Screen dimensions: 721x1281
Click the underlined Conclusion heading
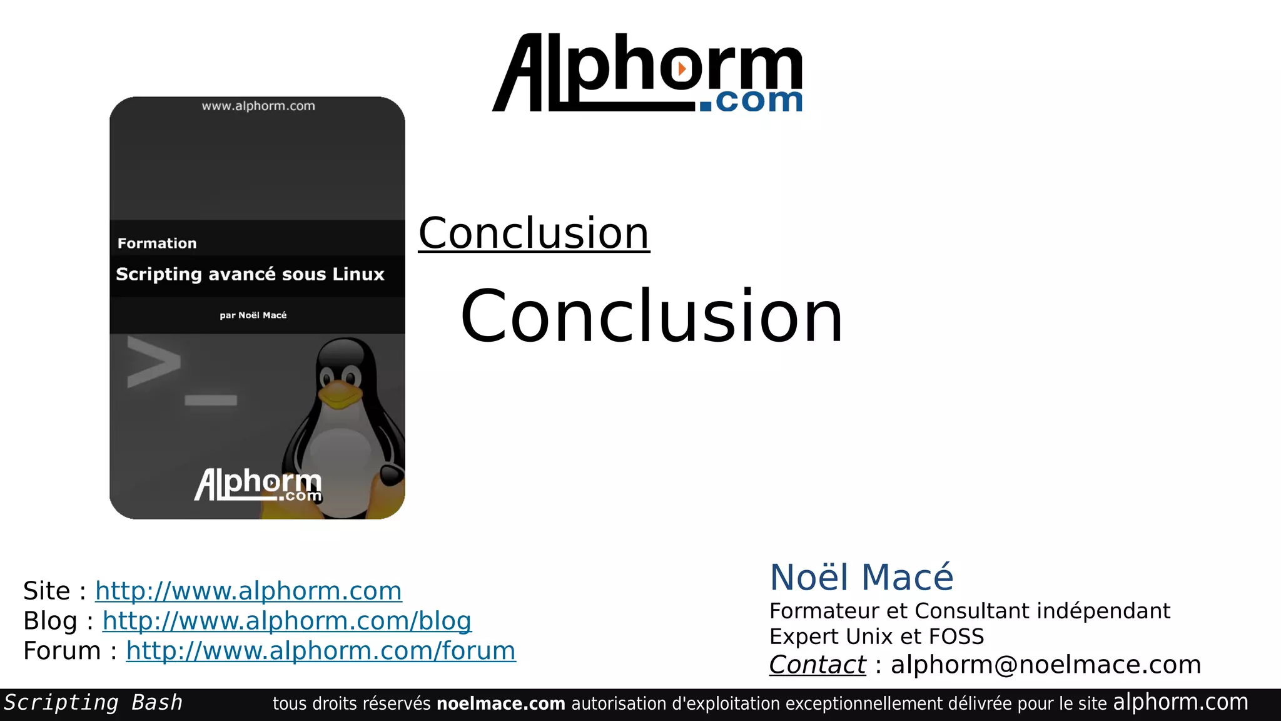[534, 233]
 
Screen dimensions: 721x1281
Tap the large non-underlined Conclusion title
[651, 316]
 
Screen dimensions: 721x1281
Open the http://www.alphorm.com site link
[248, 591]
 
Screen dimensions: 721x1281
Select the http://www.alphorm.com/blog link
[286, 621]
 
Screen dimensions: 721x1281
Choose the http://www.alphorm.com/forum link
[320, 651]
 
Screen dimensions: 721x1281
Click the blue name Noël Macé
[861, 577]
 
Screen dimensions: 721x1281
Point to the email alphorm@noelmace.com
[1045, 665]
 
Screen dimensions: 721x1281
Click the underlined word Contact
[817, 665]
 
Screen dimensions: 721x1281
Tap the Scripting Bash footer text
[93, 703]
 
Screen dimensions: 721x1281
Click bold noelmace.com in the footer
[500, 704]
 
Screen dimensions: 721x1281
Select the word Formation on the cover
[157, 243]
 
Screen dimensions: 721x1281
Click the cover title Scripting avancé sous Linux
[250, 274]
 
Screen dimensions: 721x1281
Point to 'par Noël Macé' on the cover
[253, 315]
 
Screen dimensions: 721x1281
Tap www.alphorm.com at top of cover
[258, 106]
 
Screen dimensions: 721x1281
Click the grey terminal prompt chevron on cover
[153, 362]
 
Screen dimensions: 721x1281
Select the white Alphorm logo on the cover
[258, 484]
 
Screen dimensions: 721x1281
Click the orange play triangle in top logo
[682, 68]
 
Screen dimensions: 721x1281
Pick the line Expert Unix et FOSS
[876, 637]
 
